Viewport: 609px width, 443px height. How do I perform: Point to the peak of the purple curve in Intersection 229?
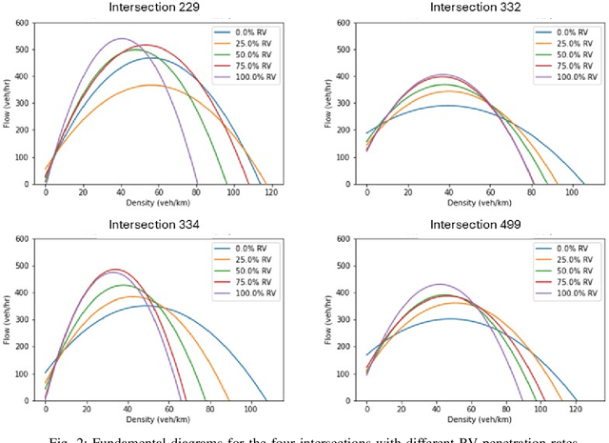pyautogui.click(x=122, y=39)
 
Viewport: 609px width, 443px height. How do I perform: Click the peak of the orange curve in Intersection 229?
pyautogui.click(x=147, y=85)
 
